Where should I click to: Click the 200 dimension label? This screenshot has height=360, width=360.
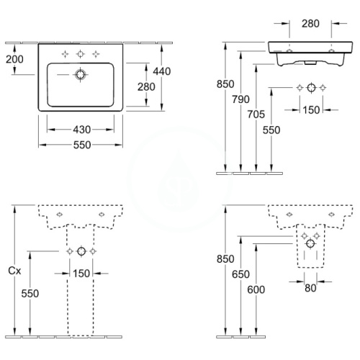(14, 59)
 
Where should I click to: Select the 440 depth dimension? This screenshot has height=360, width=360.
(162, 71)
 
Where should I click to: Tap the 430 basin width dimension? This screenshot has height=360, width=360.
(82, 130)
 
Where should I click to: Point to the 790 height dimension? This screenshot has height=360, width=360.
(240, 99)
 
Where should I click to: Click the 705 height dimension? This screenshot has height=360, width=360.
(256, 114)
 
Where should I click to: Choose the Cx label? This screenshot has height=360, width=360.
(14, 271)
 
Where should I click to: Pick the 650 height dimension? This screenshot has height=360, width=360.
(240, 274)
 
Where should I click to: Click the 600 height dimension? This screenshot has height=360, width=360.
(256, 289)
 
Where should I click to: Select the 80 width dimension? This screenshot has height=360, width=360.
(310, 288)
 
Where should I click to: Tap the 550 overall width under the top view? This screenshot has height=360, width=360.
(82, 145)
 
